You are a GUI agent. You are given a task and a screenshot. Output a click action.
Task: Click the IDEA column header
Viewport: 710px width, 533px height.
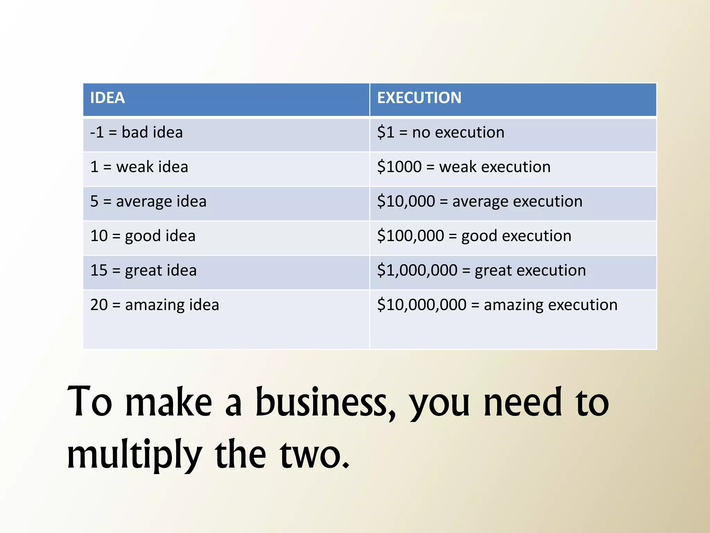click(107, 98)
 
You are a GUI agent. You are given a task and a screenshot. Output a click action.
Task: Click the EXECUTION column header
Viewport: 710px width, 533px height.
click(419, 98)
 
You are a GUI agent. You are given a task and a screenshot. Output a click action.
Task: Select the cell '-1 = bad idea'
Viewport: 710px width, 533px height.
click(136, 133)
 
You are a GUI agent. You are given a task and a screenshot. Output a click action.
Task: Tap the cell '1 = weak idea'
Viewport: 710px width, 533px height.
click(139, 167)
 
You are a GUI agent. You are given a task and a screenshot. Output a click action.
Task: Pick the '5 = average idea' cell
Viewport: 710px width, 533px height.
click(148, 202)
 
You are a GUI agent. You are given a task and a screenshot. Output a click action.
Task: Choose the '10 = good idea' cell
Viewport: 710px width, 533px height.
click(143, 236)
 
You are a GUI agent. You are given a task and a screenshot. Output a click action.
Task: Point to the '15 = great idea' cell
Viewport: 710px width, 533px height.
click(143, 270)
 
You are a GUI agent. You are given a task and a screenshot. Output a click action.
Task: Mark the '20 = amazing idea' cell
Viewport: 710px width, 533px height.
click(155, 305)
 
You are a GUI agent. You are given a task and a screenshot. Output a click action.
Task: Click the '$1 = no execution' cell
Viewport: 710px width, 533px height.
click(441, 133)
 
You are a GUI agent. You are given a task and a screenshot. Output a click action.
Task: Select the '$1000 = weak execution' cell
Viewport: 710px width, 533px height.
click(464, 167)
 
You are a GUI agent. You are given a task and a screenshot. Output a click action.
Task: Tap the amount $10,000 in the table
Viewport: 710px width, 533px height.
click(406, 202)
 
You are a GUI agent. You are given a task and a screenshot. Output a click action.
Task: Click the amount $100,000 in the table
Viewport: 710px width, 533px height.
click(410, 236)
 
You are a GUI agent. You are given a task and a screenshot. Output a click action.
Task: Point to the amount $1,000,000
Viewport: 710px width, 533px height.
click(417, 270)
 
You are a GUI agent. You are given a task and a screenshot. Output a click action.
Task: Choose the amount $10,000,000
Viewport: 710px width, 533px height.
click(422, 305)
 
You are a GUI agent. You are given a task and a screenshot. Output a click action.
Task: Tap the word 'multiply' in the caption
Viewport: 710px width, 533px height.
click(135, 455)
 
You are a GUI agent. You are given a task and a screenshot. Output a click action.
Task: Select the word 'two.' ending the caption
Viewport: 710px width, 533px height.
click(314, 455)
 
